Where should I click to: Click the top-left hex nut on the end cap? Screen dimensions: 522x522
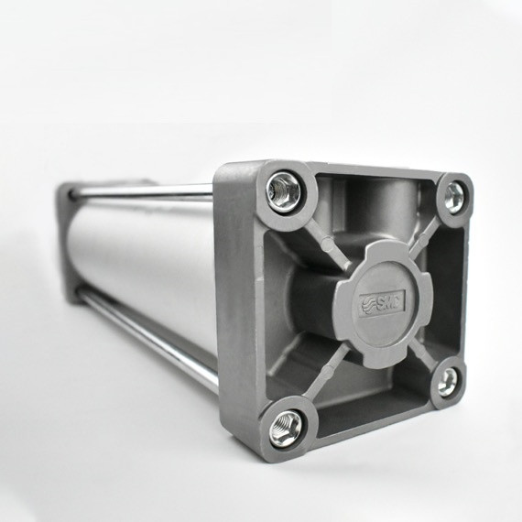[284, 191]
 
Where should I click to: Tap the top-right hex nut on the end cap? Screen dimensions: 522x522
[453, 195]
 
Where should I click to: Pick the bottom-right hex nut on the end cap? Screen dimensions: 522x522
[447, 383]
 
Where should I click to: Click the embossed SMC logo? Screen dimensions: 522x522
[384, 301]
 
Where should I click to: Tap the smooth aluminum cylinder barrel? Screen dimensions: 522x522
[137, 256]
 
